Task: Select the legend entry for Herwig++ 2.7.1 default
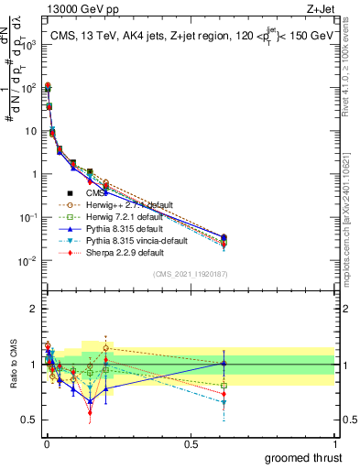pos(125,204)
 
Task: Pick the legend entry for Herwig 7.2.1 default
pos(123,216)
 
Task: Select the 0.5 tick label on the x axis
pos(191,443)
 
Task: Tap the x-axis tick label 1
pos(334,443)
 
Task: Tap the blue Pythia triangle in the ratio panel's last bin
pos(224,364)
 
